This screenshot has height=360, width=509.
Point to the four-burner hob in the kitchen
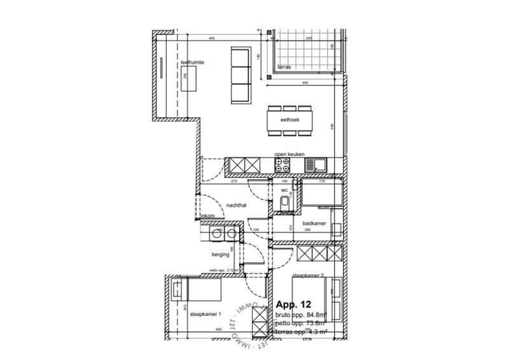[282, 165]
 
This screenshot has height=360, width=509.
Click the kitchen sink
[315, 165]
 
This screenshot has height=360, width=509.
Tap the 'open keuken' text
[289, 154]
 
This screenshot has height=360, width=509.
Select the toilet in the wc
[284, 203]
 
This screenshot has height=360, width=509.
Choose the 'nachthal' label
[236, 205]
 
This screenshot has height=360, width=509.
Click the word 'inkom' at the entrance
[208, 217]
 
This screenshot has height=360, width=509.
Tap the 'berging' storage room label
[221, 254]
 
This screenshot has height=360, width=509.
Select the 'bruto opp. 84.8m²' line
[300, 314]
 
